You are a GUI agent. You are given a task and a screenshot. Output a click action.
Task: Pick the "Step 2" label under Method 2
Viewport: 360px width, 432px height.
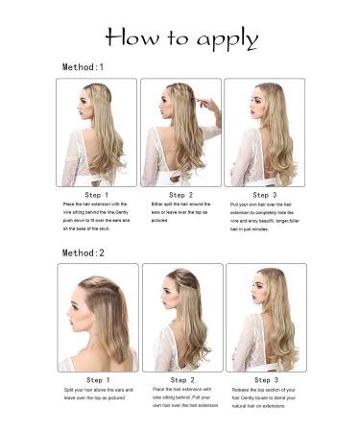(x=181, y=380)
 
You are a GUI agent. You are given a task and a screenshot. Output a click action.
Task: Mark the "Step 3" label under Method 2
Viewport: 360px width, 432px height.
(x=266, y=380)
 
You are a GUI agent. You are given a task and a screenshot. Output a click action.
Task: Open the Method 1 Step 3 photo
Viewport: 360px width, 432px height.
(x=265, y=132)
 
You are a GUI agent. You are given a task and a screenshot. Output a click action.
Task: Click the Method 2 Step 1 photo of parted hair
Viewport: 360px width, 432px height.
(x=97, y=317)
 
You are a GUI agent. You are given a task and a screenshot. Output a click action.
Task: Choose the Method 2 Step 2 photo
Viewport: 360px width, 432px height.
(x=181, y=317)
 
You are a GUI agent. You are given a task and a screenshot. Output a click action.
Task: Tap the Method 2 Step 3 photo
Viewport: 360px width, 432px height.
(x=266, y=317)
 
